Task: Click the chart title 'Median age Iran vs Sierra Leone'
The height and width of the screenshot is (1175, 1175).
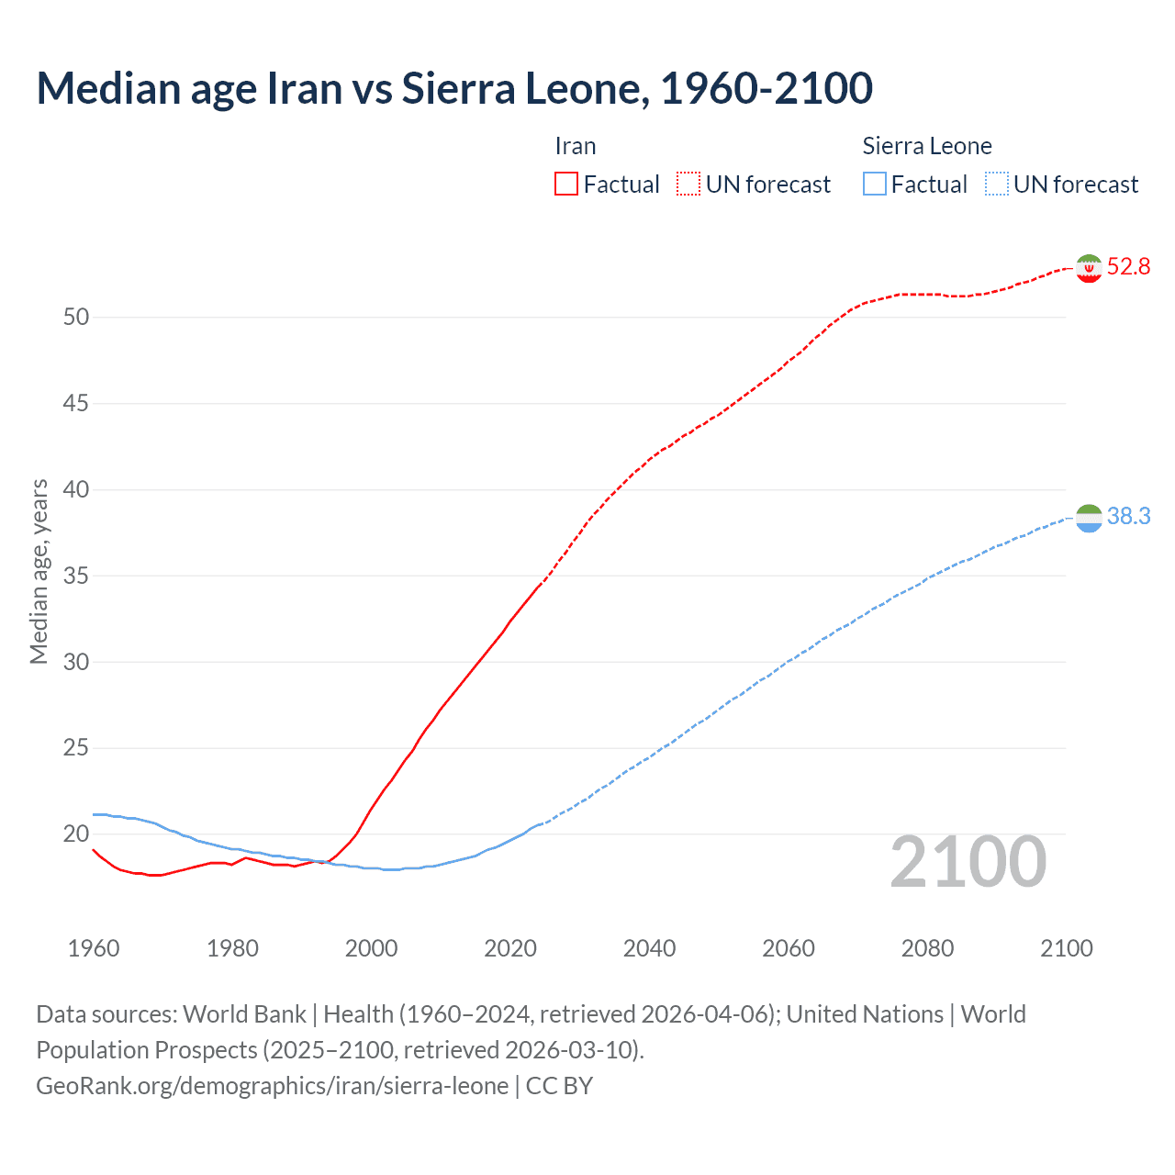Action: (454, 88)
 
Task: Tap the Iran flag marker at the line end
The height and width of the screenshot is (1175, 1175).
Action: (1089, 268)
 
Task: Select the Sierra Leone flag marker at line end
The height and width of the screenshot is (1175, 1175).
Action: (1089, 518)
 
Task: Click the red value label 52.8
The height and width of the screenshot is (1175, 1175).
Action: (1128, 267)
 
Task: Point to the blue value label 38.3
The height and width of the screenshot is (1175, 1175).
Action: (1128, 517)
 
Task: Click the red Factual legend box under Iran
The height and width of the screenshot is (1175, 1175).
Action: (566, 185)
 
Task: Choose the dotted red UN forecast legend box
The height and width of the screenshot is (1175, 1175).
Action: (688, 185)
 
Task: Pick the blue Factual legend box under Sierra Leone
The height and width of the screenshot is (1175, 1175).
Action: (875, 185)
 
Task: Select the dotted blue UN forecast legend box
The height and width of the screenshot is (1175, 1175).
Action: (996, 185)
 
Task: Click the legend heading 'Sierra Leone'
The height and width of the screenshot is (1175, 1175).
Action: (927, 146)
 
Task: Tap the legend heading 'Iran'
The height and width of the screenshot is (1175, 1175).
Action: (576, 146)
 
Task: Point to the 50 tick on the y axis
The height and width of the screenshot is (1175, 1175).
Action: (76, 318)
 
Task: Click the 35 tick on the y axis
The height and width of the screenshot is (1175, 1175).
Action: (76, 576)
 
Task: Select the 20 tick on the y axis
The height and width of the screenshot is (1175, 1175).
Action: (76, 834)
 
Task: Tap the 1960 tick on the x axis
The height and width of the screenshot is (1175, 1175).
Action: (94, 948)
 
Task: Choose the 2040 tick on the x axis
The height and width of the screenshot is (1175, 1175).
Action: (649, 948)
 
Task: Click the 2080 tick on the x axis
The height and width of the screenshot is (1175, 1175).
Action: (927, 948)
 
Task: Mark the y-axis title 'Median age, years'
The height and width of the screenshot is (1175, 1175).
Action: (39, 571)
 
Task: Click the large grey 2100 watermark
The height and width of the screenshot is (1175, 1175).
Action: (968, 862)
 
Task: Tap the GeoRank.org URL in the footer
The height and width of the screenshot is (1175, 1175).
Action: (272, 1086)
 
